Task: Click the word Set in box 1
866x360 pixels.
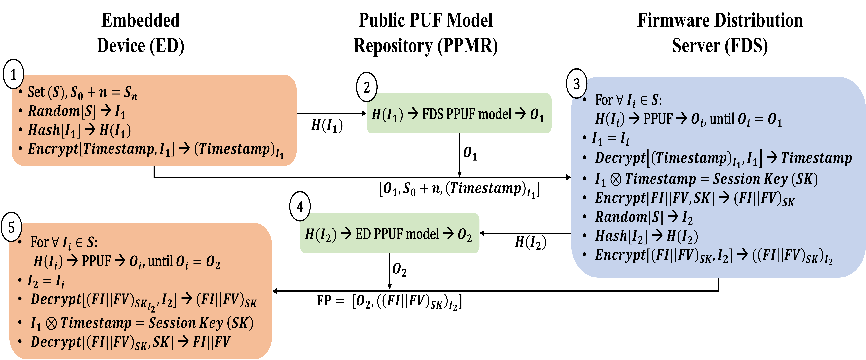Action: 36,92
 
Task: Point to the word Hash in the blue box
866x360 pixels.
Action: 611,236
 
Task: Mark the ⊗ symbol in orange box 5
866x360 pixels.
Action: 51,323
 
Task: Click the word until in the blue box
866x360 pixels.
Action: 722,119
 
